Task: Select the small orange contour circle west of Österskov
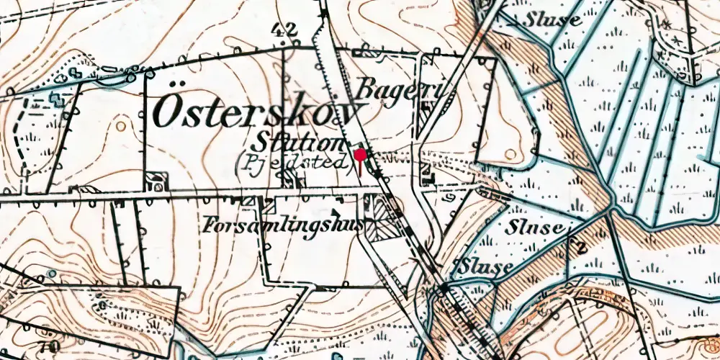coord(120,127)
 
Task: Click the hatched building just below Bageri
coord(426,108)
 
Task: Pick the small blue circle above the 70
coord(50,274)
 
